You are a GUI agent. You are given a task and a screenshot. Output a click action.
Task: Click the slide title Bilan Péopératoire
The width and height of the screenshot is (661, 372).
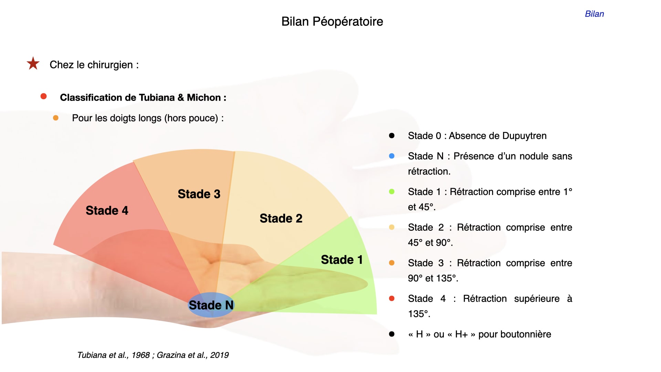click(332, 22)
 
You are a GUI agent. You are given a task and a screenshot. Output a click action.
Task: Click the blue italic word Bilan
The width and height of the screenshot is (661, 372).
click(594, 14)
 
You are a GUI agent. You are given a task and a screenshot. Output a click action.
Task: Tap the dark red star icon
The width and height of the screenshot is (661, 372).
click(33, 63)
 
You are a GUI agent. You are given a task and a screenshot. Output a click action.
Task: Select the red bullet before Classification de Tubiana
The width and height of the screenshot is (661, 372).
click(43, 96)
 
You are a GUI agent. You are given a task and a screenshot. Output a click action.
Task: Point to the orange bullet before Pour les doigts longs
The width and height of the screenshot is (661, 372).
click(55, 118)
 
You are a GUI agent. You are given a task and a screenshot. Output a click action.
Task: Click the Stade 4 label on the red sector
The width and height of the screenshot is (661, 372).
click(107, 210)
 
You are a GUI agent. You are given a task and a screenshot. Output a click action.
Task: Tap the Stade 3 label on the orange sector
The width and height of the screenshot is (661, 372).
click(199, 194)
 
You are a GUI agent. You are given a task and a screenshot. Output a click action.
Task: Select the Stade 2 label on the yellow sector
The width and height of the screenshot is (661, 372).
click(281, 218)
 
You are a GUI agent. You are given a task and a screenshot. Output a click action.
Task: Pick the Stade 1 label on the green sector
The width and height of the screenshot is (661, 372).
click(342, 260)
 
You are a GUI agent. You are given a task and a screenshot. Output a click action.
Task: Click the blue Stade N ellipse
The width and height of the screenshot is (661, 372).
click(211, 305)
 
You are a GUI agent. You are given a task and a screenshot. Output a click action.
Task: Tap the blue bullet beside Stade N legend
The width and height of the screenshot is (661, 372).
click(391, 156)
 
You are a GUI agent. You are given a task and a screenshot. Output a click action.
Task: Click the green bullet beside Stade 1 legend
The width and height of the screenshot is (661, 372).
click(391, 192)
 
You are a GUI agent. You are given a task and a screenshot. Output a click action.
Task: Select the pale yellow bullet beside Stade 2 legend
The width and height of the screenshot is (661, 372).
click(391, 227)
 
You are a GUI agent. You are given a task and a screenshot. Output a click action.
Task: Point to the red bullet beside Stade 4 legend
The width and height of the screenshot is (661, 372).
click(391, 298)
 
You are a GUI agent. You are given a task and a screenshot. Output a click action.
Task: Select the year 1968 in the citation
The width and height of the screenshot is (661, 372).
click(140, 355)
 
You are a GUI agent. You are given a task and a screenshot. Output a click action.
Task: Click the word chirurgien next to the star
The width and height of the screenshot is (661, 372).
click(110, 65)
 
